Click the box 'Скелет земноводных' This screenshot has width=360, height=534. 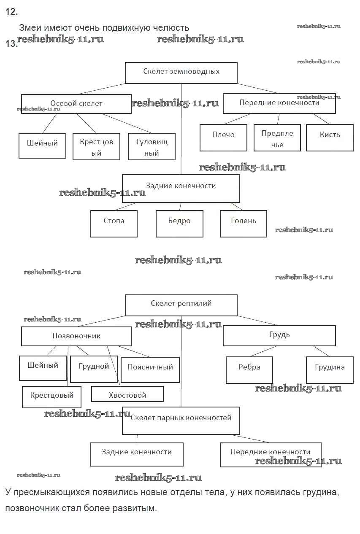181,73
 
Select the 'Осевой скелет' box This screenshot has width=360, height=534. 76,104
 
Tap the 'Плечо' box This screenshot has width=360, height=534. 223,138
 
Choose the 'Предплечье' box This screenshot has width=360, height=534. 277,138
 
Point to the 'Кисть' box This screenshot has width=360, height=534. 330,138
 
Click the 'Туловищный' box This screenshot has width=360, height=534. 152,147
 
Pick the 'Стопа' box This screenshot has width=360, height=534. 114,224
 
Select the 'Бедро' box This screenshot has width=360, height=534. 179,224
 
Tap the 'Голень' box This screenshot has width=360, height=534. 243,224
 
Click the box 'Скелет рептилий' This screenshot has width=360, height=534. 181,305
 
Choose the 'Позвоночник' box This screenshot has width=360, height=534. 76,336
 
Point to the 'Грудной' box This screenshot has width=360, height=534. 94,369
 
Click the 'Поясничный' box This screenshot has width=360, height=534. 150,370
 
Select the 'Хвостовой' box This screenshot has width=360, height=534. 127,395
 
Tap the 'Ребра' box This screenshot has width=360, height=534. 249,370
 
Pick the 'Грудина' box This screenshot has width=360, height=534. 330,370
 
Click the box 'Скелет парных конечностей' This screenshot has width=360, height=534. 181,420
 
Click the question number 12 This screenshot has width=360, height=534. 11,12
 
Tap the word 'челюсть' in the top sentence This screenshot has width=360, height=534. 171,28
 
